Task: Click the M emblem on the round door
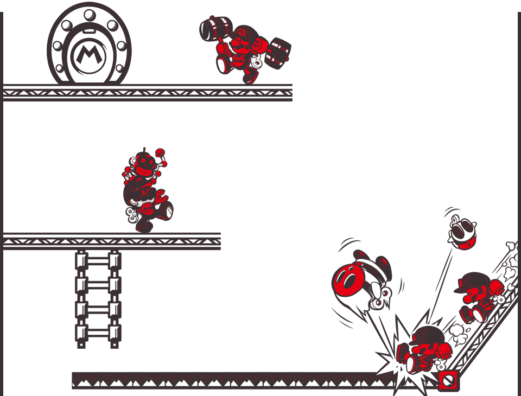pos(88,55)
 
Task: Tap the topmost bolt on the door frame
pos(90,15)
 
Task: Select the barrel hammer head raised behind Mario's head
pos(215,29)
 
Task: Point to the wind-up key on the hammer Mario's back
pos(257,61)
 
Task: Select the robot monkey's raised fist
pos(160,152)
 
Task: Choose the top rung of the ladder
pos(98,261)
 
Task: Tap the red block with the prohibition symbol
pos(448,381)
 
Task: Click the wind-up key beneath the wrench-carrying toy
pos(132,215)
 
